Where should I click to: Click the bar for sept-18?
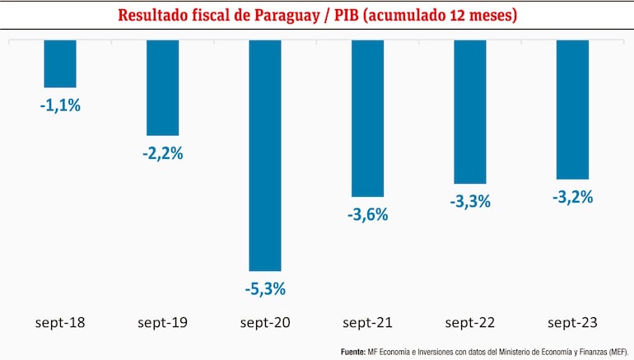click(x=60, y=63)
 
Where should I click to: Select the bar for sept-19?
click(x=162, y=87)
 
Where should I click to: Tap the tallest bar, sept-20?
click(x=265, y=155)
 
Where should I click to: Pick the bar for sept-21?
click(x=367, y=118)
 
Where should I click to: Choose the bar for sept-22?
click(x=470, y=111)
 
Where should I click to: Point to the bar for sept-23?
click(x=572, y=109)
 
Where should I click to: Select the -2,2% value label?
click(x=162, y=153)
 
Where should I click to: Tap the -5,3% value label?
click(x=265, y=289)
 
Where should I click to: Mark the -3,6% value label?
click(x=367, y=214)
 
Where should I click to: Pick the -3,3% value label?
click(x=470, y=201)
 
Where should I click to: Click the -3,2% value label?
click(x=572, y=197)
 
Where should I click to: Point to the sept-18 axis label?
click(x=60, y=322)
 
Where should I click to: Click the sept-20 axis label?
click(x=265, y=322)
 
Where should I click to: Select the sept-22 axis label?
click(x=470, y=322)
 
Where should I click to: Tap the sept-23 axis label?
click(x=572, y=322)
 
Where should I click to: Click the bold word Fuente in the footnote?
click(x=353, y=351)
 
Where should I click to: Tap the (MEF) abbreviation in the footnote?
click(x=613, y=351)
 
